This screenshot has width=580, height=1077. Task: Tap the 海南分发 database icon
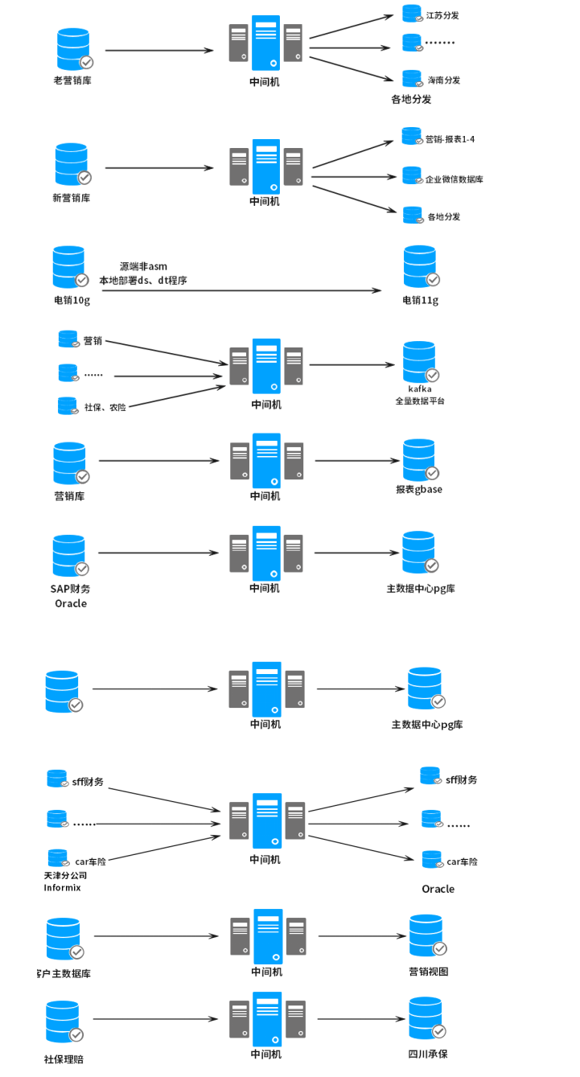(x=412, y=79)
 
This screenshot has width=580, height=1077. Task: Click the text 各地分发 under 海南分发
(x=411, y=99)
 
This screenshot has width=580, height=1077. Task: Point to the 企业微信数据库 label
(x=454, y=179)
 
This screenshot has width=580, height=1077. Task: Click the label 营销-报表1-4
(x=450, y=139)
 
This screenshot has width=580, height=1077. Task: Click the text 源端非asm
(x=143, y=267)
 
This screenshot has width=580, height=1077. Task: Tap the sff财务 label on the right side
(x=462, y=780)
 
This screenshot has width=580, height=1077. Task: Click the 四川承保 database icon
(x=426, y=1018)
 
